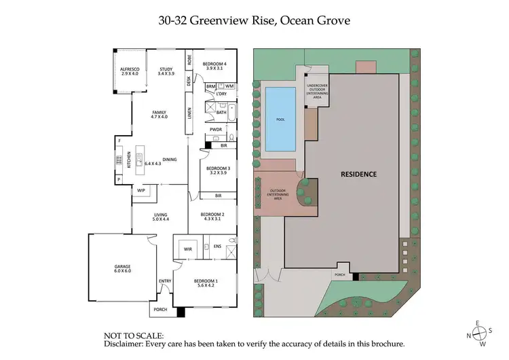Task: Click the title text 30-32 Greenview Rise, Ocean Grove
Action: [254, 20]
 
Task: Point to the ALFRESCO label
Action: [129, 71]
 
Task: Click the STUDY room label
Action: [166, 71]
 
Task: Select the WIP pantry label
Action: [141, 190]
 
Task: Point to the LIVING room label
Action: [160, 217]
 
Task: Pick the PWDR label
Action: [216, 129]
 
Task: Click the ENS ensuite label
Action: [217, 246]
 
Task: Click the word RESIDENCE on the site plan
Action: [358, 174]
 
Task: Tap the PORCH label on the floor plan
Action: [160, 310]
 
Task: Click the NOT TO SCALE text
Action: [133, 336]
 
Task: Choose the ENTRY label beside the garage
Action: [164, 281]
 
